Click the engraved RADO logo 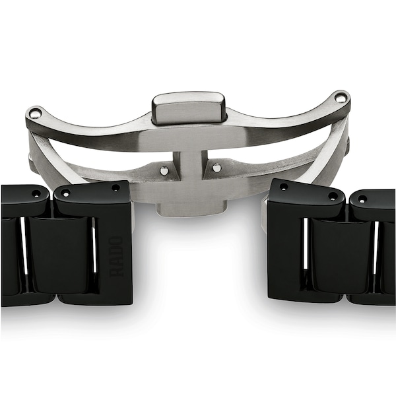(x=116, y=256)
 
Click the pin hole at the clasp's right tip (x=339, y=98)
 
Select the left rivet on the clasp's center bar (x=164, y=170)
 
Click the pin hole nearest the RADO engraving (x=116, y=188)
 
